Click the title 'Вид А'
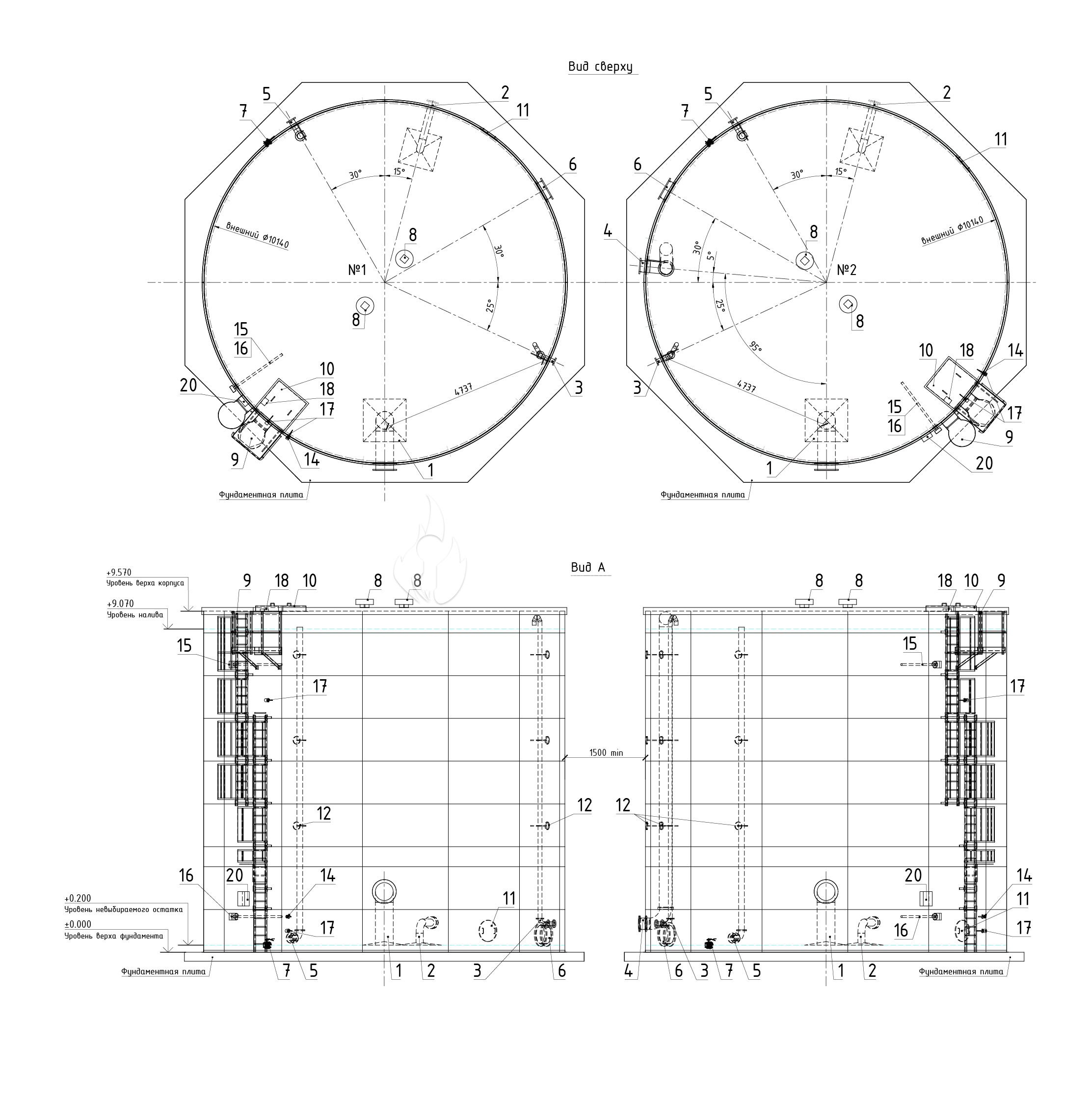point(587,567)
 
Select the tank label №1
point(357,270)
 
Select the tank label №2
point(847,270)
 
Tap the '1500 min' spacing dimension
point(606,753)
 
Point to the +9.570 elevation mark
point(119,572)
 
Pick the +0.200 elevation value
point(78,898)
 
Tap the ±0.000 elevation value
point(78,924)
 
